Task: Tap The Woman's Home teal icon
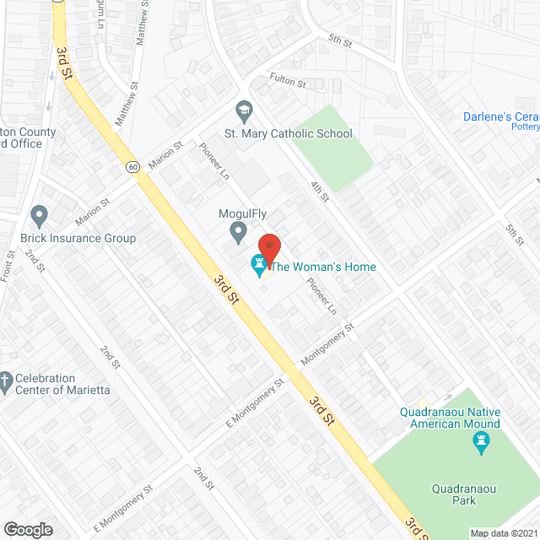click(x=258, y=267)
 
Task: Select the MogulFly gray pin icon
click(x=239, y=230)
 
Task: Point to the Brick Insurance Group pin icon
click(x=39, y=216)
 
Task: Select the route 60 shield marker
click(x=133, y=167)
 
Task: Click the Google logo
click(x=28, y=529)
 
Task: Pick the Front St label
click(x=11, y=266)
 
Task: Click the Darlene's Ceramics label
click(x=501, y=116)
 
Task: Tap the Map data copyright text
click(x=505, y=533)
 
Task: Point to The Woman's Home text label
click(x=323, y=267)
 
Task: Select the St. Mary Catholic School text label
click(x=288, y=133)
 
